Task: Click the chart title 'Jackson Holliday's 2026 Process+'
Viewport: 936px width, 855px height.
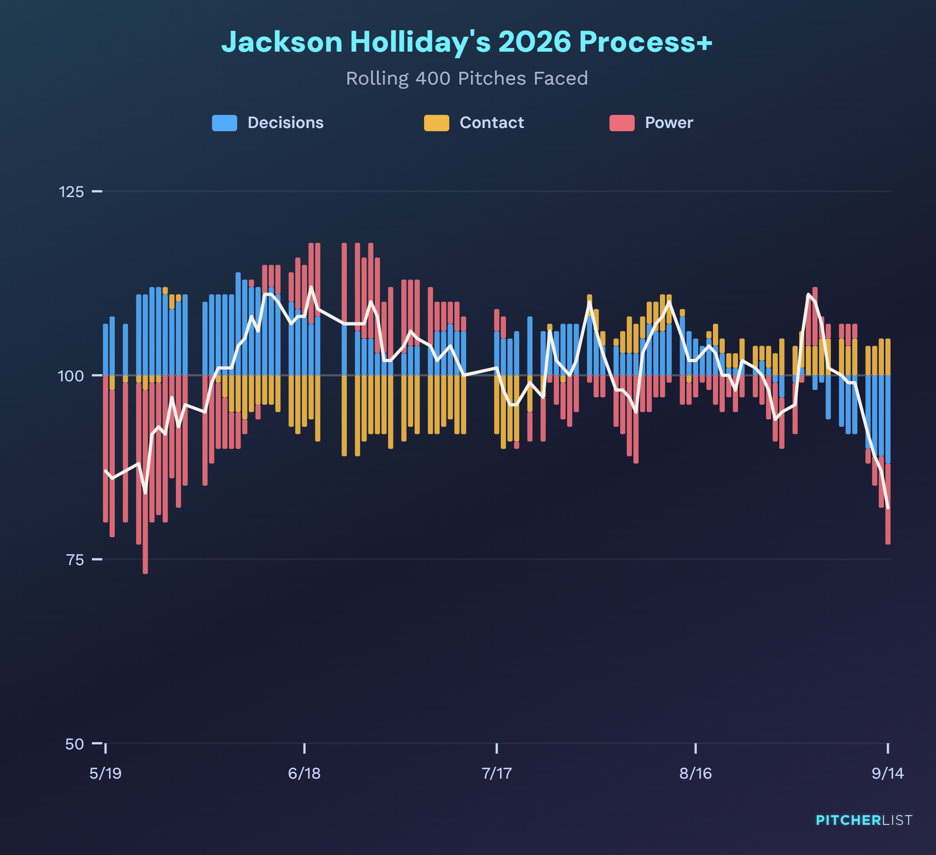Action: pyautogui.click(x=467, y=42)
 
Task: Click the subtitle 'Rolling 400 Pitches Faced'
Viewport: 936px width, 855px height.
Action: pyautogui.click(x=467, y=79)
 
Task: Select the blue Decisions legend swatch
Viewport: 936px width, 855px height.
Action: pyautogui.click(x=224, y=123)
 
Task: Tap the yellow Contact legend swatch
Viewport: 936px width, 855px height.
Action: pyautogui.click(x=436, y=123)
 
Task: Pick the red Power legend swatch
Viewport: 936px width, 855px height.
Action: pyautogui.click(x=622, y=123)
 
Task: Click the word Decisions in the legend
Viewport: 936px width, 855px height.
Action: pyautogui.click(x=286, y=123)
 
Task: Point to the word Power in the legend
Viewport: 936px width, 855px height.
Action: pyautogui.click(x=669, y=123)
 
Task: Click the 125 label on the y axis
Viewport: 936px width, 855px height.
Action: pyautogui.click(x=71, y=191)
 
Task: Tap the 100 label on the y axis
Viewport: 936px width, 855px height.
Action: pyautogui.click(x=71, y=376)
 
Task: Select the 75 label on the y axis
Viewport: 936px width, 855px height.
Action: pyautogui.click(x=75, y=560)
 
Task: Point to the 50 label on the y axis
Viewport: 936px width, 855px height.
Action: pyautogui.click(x=74, y=744)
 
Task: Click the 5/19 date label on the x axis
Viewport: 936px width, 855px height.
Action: pyautogui.click(x=106, y=773)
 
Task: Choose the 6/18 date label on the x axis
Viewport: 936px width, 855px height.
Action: pyautogui.click(x=304, y=773)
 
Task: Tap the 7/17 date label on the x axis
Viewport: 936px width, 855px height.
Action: pyautogui.click(x=497, y=773)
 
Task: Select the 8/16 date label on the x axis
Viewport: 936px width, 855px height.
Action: pyautogui.click(x=696, y=773)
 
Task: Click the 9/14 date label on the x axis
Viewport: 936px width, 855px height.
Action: pyautogui.click(x=888, y=773)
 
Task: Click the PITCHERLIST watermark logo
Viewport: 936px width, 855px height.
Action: pyautogui.click(x=864, y=820)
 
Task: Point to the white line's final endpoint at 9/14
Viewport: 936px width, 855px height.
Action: pyautogui.click(x=888, y=508)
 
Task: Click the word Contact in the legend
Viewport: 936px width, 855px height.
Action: pyautogui.click(x=492, y=123)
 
